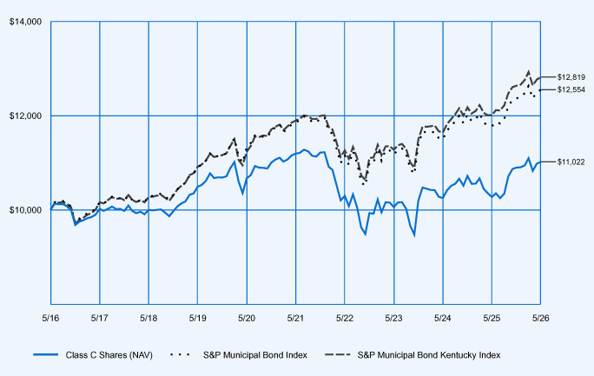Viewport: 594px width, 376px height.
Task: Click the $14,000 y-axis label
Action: (x=25, y=22)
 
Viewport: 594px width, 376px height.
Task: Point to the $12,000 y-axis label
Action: (x=25, y=115)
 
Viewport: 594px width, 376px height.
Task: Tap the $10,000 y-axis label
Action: (x=25, y=210)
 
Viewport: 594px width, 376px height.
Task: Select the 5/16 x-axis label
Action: (x=50, y=318)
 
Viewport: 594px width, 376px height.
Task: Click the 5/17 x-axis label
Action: (x=99, y=318)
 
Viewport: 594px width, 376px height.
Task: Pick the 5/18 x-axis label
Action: (x=148, y=318)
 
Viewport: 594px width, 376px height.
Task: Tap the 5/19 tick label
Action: (x=197, y=318)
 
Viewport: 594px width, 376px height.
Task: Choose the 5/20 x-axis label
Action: (x=247, y=318)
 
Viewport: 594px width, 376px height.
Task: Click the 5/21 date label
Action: (x=295, y=318)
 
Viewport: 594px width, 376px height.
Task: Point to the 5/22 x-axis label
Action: (x=345, y=318)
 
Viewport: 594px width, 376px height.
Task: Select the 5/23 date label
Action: (x=393, y=318)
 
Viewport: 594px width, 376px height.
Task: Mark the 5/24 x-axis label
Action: (x=443, y=318)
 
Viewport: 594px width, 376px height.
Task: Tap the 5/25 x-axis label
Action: (x=492, y=318)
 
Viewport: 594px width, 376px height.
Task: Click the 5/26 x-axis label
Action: (x=540, y=318)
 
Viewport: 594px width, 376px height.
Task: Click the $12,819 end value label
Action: (x=571, y=77)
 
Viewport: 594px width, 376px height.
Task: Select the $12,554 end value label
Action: (x=571, y=89)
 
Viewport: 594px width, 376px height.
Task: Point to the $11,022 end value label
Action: (x=571, y=162)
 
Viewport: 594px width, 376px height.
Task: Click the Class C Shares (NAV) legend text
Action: (x=109, y=355)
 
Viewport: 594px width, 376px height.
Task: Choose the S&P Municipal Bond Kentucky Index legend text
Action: (x=429, y=355)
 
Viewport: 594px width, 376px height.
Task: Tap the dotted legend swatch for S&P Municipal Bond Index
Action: (x=180, y=355)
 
